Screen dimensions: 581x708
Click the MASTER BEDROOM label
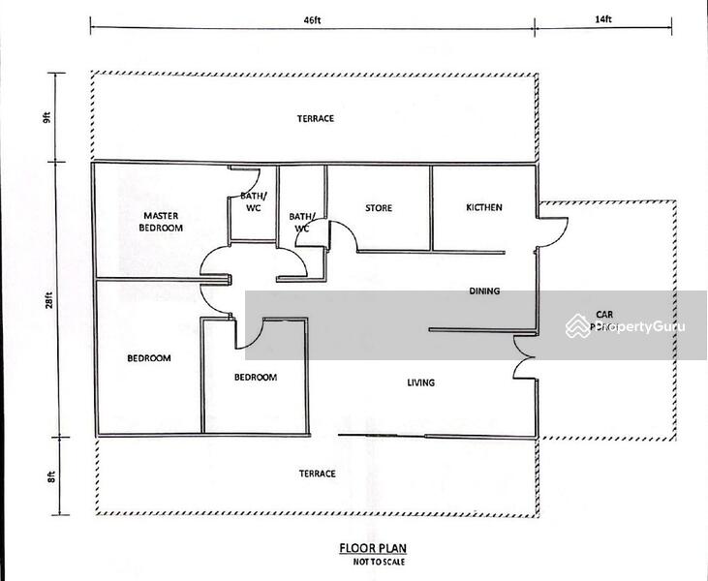tap(163, 221)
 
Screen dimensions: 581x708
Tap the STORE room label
tap(378, 208)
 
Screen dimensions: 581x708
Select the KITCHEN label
tap(483, 208)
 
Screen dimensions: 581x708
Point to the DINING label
tap(484, 290)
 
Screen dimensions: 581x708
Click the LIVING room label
tap(420, 382)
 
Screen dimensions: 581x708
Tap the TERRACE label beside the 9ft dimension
tap(315, 118)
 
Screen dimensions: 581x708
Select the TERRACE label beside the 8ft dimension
tap(317, 474)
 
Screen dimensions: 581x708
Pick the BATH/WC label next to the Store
tap(301, 223)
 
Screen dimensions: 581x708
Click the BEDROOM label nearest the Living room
tap(256, 378)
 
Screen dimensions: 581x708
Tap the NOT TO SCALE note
tap(365, 561)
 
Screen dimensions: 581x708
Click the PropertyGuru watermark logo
tap(620, 327)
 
